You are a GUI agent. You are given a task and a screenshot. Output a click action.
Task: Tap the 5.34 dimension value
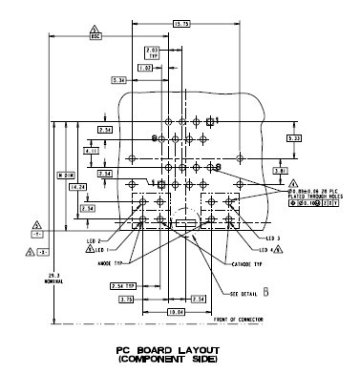[x=119, y=81]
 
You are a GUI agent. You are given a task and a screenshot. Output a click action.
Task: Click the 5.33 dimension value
[x=295, y=139]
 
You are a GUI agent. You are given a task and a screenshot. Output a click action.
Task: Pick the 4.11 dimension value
[x=92, y=151]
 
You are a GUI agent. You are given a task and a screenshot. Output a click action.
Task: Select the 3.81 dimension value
[x=281, y=170]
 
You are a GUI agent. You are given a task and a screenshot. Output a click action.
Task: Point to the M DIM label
[x=65, y=176]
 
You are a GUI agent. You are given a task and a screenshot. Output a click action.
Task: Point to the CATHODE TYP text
[x=244, y=263]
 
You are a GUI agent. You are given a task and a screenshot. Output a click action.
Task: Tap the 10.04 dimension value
[x=176, y=311]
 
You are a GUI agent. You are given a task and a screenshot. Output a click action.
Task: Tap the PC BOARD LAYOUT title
[x=180, y=351]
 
